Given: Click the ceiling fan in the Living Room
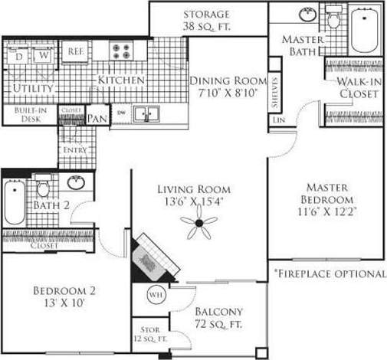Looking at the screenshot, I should click(x=198, y=223).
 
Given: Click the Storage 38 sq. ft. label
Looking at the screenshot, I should click(x=205, y=20).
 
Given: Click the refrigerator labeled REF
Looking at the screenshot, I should click(x=75, y=51).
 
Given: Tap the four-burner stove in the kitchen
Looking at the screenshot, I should click(x=123, y=51).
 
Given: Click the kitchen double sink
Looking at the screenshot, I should click(x=147, y=113).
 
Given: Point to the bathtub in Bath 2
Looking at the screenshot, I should click(x=15, y=201).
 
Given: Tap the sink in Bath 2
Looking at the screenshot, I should click(x=76, y=183).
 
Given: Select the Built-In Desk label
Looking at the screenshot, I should click(x=29, y=115).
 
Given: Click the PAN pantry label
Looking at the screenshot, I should click(x=97, y=119).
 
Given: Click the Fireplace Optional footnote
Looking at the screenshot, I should click(x=330, y=273).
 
